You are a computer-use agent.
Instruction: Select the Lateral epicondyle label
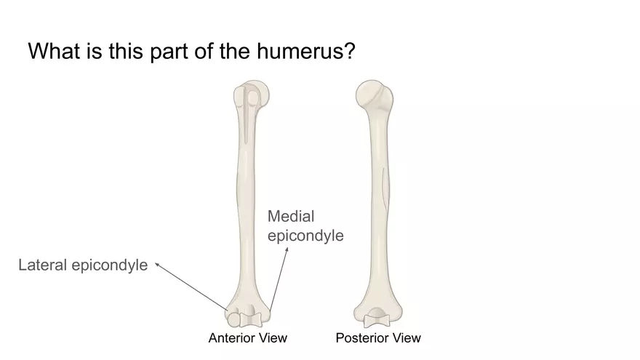pyautogui.click(x=82, y=265)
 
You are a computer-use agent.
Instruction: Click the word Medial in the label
pyautogui.click(x=291, y=216)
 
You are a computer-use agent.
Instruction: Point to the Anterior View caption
pyautogui.click(x=247, y=337)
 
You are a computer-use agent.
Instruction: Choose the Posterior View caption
pyautogui.click(x=378, y=337)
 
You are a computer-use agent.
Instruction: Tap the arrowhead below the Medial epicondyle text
pyautogui.click(x=287, y=249)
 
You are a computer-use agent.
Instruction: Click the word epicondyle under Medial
pyautogui.click(x=305, y=236)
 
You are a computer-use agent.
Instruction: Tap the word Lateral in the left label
pyautogui.click(x=41, y=265)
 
